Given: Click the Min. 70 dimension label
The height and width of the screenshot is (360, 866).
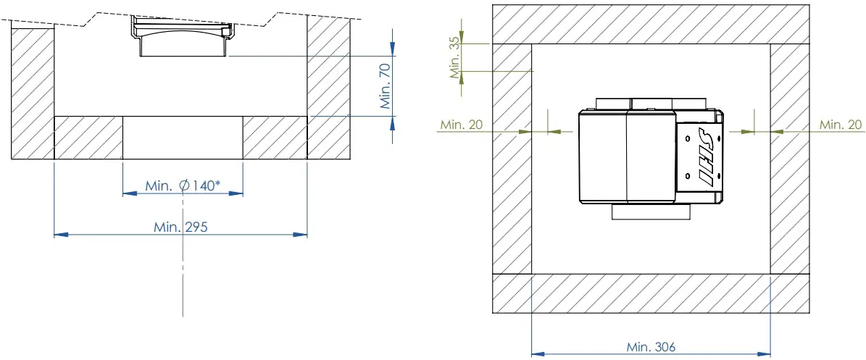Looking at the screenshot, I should click(x=385, y=85).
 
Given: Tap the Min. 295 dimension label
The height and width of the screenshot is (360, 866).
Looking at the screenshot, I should click(x=181, y=227).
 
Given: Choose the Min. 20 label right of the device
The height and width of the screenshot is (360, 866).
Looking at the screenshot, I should click(x=841, y=125).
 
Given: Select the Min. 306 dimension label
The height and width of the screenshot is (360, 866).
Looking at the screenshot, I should click(x=651, y=347).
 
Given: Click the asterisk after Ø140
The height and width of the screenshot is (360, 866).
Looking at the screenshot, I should click(x=217, y=184).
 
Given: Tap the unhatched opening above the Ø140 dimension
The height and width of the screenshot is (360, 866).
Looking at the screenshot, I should click(x=182, y=138).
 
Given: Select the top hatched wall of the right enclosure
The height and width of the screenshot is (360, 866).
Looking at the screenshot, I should click(x=651, y=24).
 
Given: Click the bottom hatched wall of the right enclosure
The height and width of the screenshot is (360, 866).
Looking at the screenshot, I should click(x=651, y=293).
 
